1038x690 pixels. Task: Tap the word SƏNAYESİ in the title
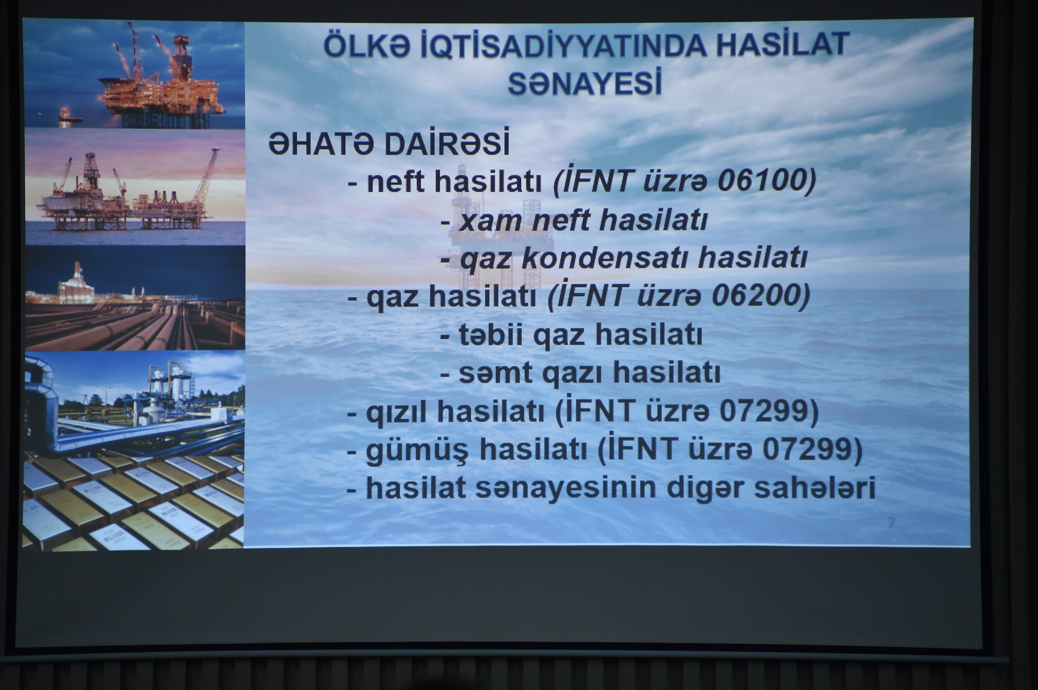coord(585,84)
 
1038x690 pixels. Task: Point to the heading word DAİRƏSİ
coord(447,142)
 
